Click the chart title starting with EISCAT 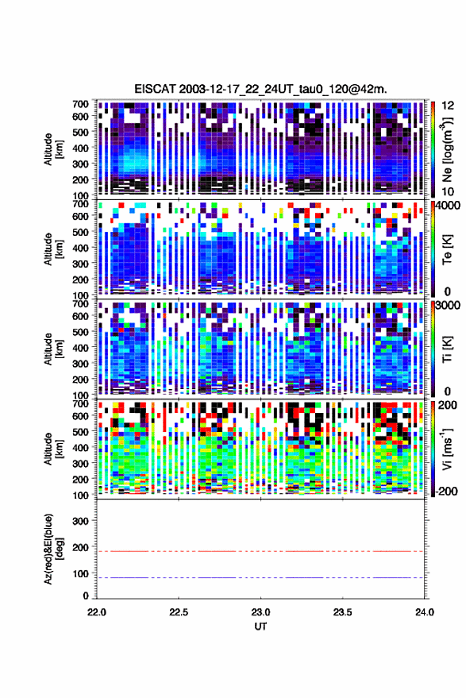tap(261, 89)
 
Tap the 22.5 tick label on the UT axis tap(179, 612)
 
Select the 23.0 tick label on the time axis tap(260, 612)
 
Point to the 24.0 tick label tap(424, 612)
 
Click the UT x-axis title tap(260, 627)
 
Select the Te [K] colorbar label tap(447, 249)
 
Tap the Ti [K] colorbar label tap(447, 349)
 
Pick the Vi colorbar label tap(447, 449)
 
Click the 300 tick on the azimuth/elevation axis tap(80, 521)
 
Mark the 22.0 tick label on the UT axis tap(97, 612)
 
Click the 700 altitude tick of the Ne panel tap(80, 104)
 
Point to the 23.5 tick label tap(342, 612)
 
